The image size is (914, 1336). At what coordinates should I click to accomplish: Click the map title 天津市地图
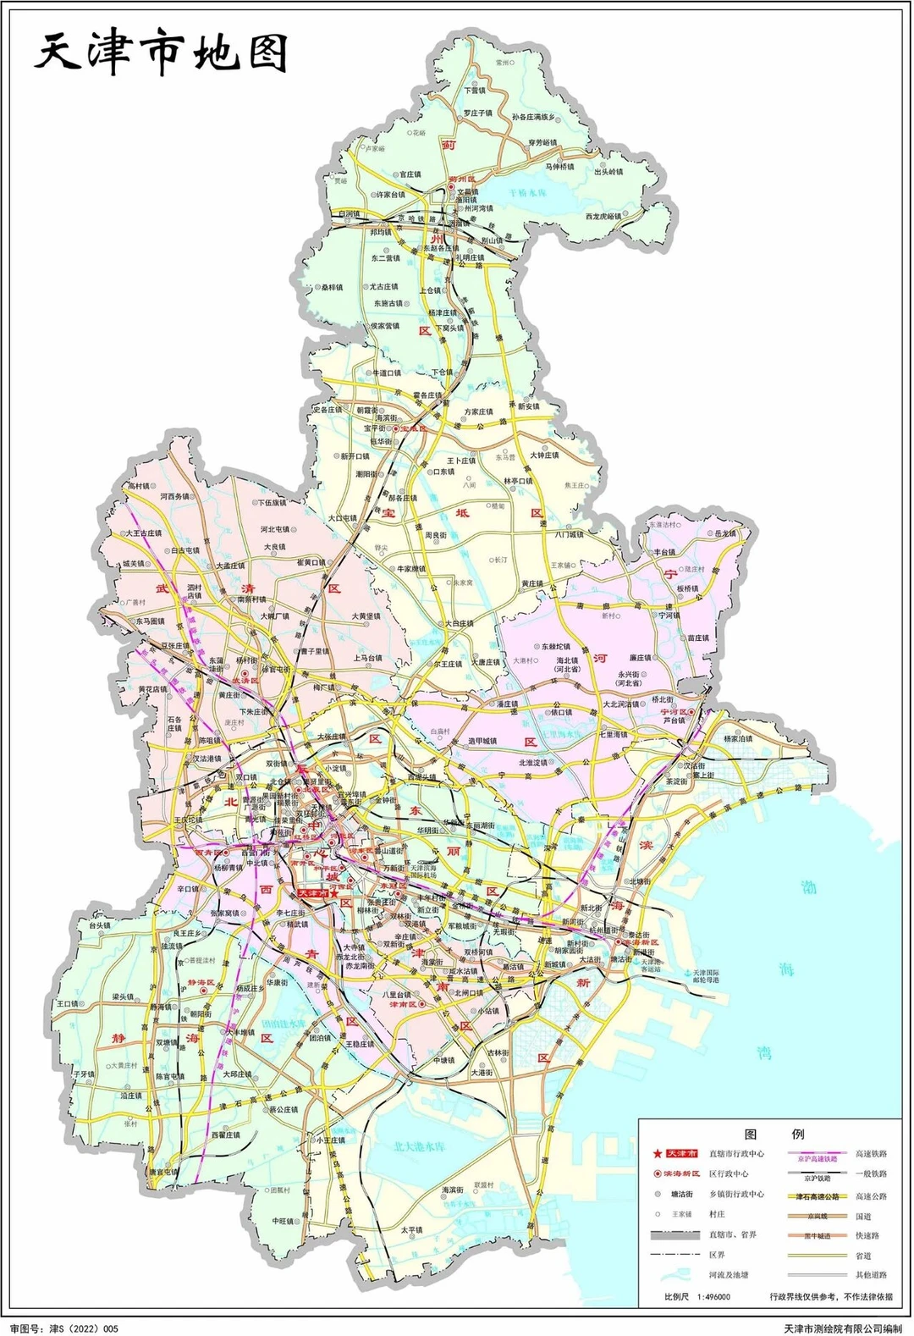(161, 53)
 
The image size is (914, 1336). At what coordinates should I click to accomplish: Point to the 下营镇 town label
(474, 90)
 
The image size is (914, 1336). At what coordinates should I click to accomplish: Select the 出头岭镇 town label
(608, 172)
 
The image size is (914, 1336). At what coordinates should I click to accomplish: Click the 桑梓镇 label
(332, 288)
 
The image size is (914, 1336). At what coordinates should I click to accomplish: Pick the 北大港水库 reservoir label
(419, 1146)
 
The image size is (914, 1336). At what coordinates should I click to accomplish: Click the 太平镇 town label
(411, 1230)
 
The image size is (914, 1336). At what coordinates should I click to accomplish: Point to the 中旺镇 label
(284, 1221)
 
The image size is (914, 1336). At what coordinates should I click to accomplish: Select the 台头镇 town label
(100, 925)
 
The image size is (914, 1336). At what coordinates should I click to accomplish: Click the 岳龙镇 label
(725, 533)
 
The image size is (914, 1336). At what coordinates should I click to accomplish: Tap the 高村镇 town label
(138, 487)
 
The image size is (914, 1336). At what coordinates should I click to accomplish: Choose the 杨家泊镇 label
(737, 738)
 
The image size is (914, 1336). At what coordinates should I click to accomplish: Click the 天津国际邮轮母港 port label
(706, 978)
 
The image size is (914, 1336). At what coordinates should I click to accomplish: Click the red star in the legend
(657, 1153)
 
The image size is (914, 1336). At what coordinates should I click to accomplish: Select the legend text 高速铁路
(871, 1153)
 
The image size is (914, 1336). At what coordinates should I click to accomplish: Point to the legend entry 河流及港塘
(729, 1274)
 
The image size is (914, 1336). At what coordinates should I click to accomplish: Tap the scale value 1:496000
(714, 1296)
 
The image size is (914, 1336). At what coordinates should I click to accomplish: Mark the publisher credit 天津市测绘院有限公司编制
(843, 1328)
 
